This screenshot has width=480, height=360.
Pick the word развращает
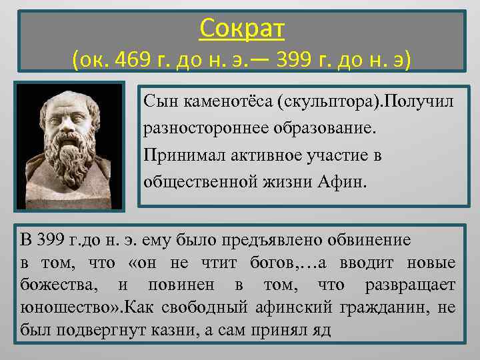pyautogui.click(x=410, y=285)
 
